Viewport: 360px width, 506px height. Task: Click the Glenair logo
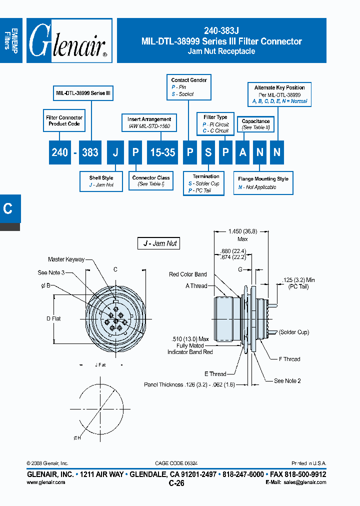[x=69, y=41]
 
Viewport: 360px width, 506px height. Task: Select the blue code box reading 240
[x=60, y=152]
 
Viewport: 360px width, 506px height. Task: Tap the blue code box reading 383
[x=90, y=152]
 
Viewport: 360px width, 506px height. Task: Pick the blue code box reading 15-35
[x=162, y=152]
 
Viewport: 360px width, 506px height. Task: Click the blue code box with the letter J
[x=115, y=152]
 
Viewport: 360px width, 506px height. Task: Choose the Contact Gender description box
[x=189, y=87]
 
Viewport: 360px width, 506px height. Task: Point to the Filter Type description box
[x=215, y=124]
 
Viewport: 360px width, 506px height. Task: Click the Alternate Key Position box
[x=279, y=94]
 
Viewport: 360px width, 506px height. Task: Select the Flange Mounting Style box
[x=263, y=183]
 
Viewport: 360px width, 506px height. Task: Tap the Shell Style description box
[x=101, y=181]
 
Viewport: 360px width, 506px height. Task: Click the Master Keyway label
[x=66, y=259]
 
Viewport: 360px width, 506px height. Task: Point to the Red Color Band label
[x=187, y=274]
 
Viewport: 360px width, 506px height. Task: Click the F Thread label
[x=289, y=359]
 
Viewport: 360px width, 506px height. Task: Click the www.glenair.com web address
[x=45, y=482]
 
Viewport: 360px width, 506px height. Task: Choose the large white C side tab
[x=8, y=208]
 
